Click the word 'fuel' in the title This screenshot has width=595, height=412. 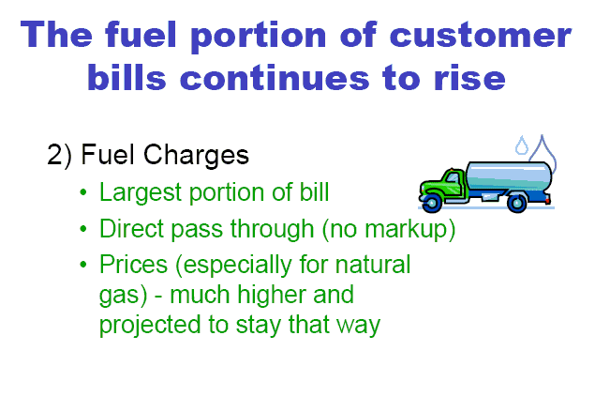[141, 34]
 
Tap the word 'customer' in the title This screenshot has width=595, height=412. [480, 36]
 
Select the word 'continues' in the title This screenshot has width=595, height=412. [275, 78]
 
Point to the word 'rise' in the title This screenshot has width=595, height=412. [469, 78]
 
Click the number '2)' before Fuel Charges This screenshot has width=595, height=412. [59, 155]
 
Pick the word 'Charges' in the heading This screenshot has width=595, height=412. [196, 156]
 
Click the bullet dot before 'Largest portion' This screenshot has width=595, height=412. [83, 192]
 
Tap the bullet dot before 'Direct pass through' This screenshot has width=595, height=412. [83, 228]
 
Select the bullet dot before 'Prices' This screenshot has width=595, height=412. [83, 265]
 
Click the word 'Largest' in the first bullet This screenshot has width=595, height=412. [141, 193]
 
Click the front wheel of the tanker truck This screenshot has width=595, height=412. [432, 203]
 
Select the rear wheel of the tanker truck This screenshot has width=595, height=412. [517, 203]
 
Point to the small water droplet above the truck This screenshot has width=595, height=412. [522, 145]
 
